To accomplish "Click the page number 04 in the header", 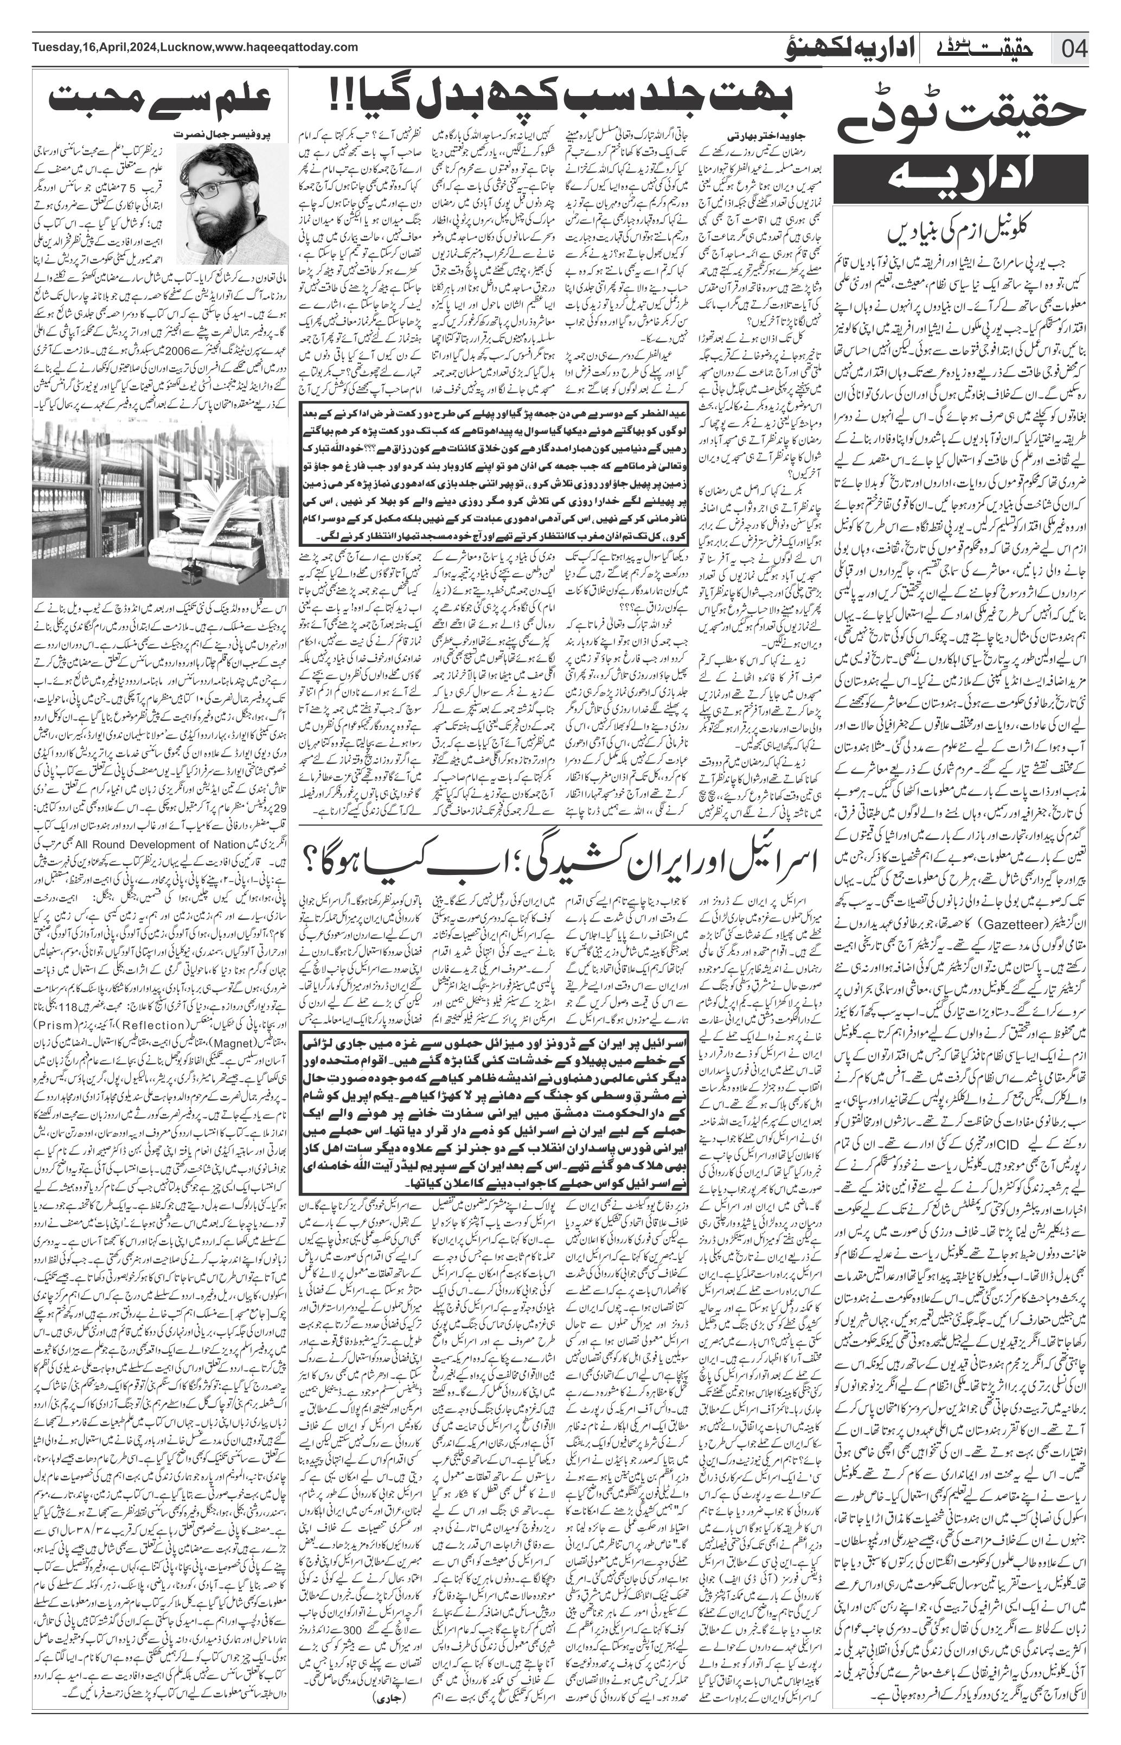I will (x=1074, y=50).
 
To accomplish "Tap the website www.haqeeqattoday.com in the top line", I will (x=287, y=47).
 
